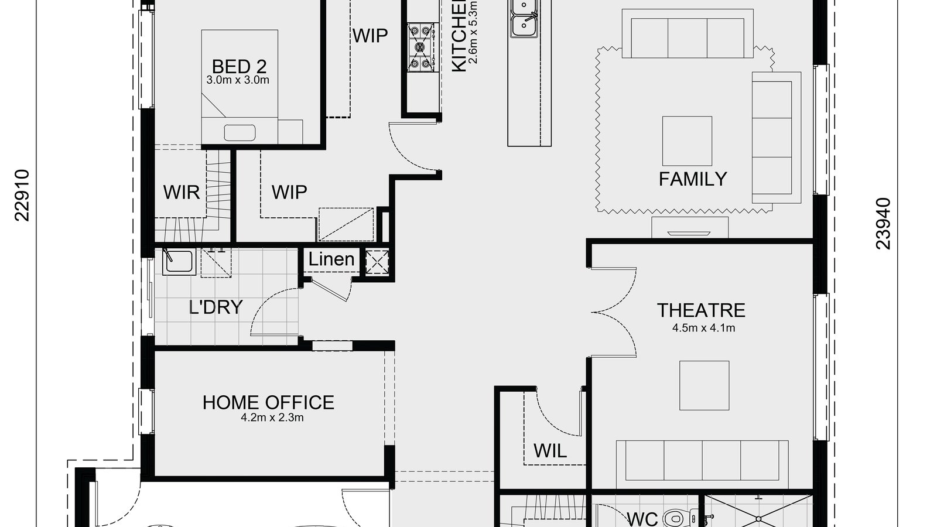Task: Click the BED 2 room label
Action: click(x=240, y=66)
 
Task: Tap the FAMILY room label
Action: click(x=693, y=179)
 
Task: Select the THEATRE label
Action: click(x=701, y=310)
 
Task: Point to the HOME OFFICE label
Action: click(x=268, y=402)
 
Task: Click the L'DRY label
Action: click(x=216, y=307)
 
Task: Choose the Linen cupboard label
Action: click(x=331, y=259)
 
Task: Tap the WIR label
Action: click(x=181, y=191)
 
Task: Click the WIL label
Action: click(x=550, y=450)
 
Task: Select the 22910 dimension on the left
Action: click(x=22, y=196)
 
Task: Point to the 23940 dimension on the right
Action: click(x=883, y=224)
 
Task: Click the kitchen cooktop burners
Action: click(x=420, y=47)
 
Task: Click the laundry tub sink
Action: click(x=179, y=261)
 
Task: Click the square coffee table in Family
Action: click(x=687, y=141)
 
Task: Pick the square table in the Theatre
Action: click(x=704, y=385)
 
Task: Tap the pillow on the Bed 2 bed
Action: click(x=240, y=132)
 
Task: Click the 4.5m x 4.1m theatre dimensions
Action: click(x=703, y=328)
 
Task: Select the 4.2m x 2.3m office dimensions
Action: click(x=272, y=418)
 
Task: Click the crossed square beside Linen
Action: click(x=377, y=262)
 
